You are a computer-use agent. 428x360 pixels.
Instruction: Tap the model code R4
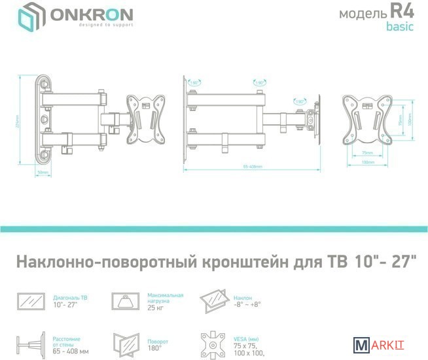click(404, 12)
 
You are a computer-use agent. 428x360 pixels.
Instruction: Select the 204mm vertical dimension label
click(18, 122)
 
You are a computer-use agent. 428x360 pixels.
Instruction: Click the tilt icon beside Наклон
click(213, 301)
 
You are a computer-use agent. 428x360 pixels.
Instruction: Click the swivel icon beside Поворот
click(126, 343)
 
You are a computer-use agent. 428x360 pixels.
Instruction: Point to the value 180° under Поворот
click(154, 348)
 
